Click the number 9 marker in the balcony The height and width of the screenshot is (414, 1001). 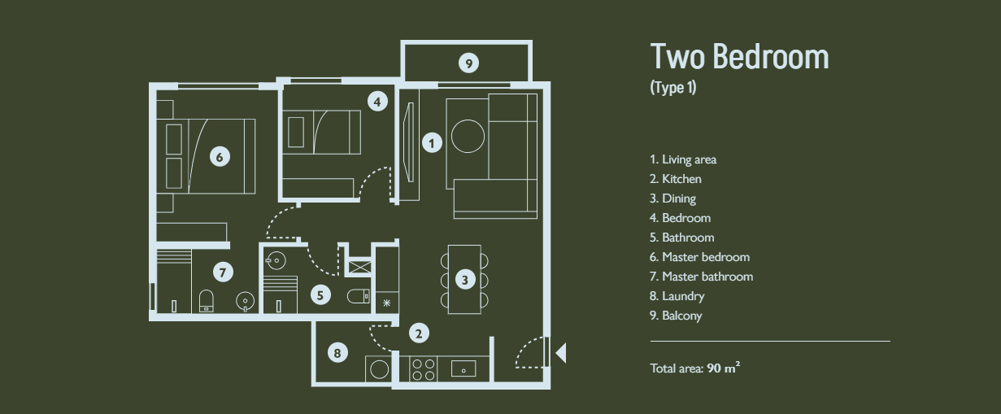click(468, 63)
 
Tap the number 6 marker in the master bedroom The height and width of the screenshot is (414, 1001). click(220, 157)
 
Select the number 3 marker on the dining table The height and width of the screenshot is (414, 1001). click(465, 280)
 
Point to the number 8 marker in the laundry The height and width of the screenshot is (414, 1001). click(337, 353)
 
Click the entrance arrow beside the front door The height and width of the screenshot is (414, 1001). click(561, 353)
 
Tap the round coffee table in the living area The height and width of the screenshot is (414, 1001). click(468, 137)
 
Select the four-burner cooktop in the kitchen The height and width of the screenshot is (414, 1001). click(424, 370)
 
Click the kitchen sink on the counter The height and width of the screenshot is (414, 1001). click(464, 369)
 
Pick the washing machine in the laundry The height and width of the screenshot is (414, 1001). click(379, 369)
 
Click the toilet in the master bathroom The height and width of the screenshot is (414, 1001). click(206, 300)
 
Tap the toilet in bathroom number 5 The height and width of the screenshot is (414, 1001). click(359, 296)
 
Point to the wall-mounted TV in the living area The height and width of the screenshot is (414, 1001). click(408, 142)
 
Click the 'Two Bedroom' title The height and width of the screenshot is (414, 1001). click(740, 57)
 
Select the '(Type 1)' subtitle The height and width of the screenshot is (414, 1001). click(673, 87)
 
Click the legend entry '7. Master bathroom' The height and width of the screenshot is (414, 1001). click(701, 277)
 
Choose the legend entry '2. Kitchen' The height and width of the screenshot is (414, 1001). click(675, 179)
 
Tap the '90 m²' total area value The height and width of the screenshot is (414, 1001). click(724, 368)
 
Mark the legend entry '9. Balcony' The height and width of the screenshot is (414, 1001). click(676, 316)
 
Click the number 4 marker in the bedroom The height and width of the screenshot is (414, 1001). click(377, 102)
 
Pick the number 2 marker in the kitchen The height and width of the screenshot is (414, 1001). click(419, 333)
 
